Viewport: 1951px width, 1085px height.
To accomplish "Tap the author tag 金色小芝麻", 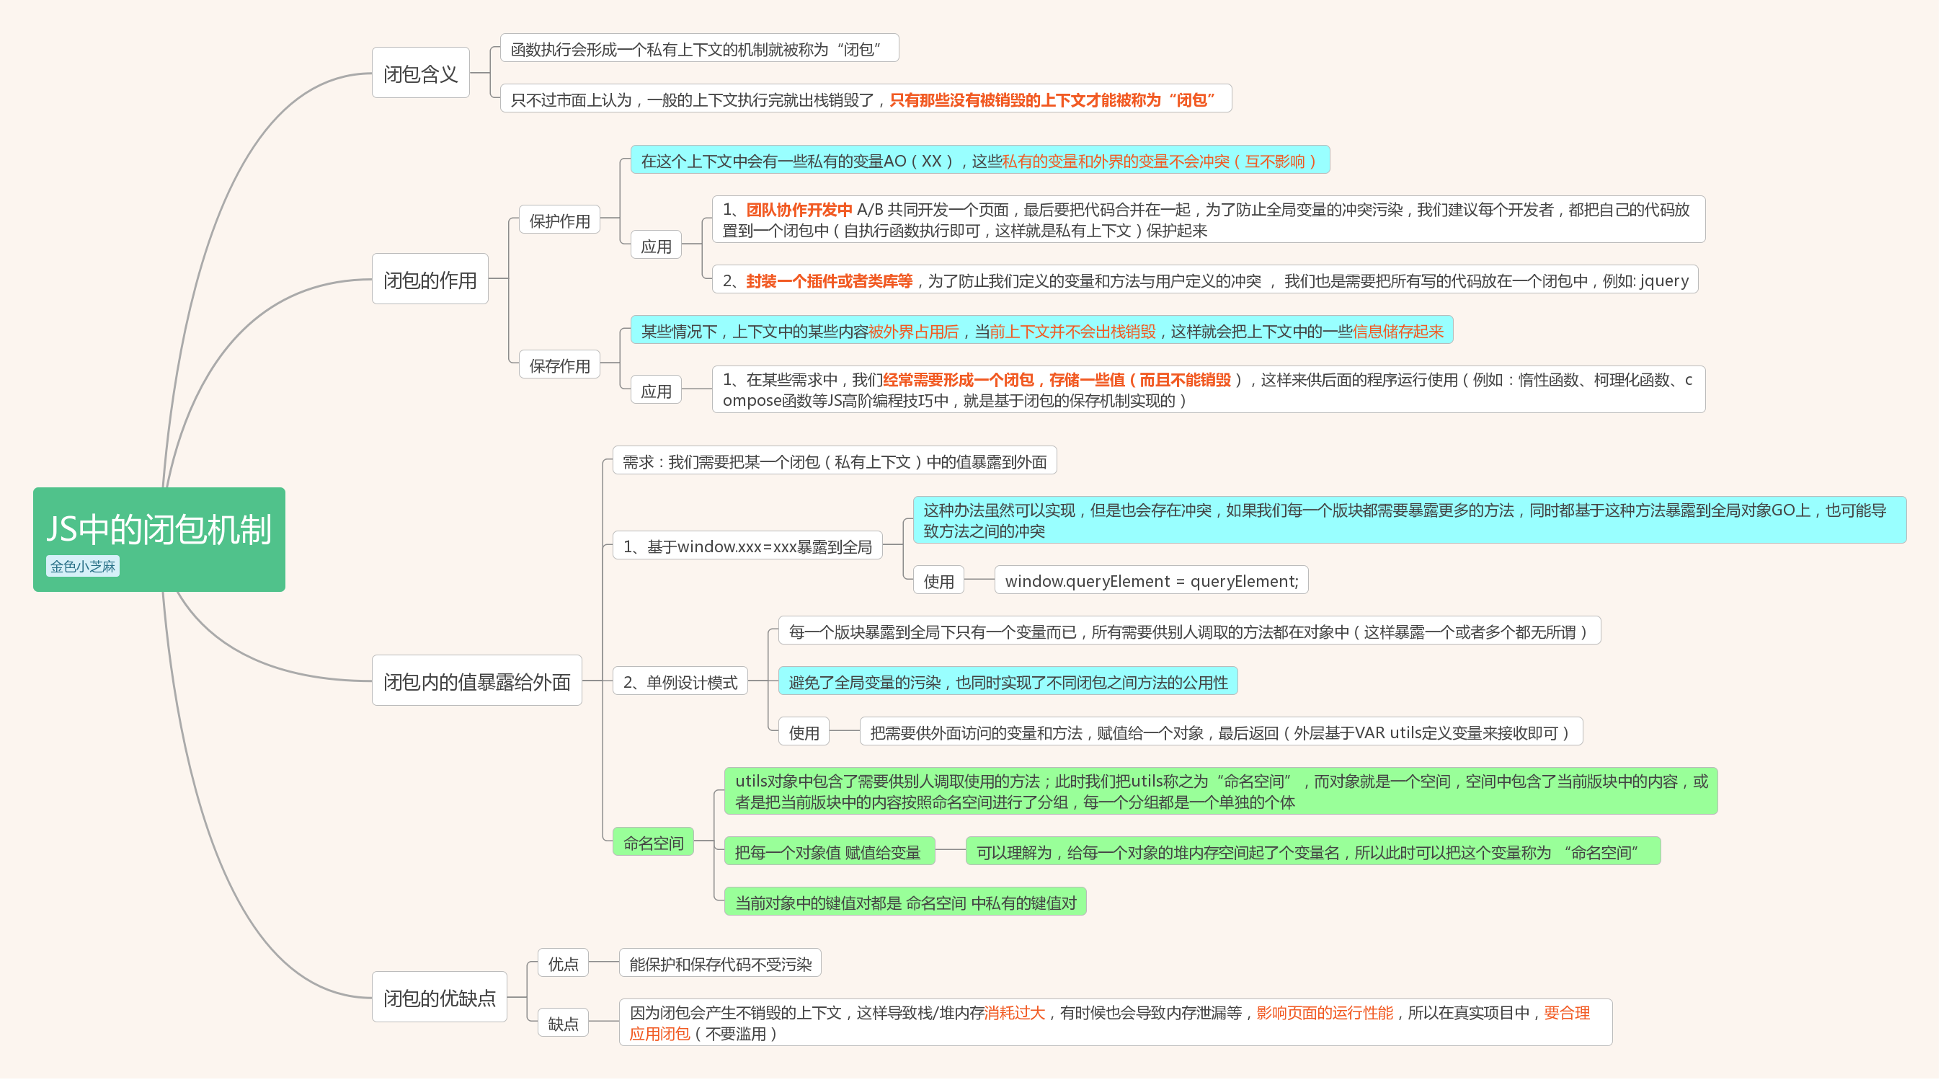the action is (83, 566).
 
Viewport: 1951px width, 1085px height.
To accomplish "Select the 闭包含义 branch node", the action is (420, 74).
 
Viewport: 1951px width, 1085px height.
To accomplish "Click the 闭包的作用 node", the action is (430, 280).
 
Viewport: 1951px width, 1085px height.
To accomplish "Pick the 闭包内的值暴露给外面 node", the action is (476, 681).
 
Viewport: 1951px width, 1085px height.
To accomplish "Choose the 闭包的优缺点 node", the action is (439, 997).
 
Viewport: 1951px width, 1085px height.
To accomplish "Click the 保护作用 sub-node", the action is (559, 221).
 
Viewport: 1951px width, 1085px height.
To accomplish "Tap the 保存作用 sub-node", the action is (559, 366).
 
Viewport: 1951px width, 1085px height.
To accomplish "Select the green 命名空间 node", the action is (653, 843).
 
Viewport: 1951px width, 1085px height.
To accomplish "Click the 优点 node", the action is (563, 964).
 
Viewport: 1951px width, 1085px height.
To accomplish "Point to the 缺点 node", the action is (563, 1024).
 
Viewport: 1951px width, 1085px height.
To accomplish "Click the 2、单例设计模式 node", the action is (680, 682).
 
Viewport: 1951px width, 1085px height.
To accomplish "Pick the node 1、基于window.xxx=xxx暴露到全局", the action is (747, 546).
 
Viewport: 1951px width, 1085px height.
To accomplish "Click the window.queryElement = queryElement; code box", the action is (1150, 581).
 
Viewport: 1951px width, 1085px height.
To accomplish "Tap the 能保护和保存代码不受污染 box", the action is (719, 964).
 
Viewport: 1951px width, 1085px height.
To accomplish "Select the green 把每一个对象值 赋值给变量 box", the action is (828, 852).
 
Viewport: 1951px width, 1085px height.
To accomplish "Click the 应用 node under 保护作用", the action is (656, 247).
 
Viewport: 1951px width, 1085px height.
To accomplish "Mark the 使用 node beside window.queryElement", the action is (938, 581).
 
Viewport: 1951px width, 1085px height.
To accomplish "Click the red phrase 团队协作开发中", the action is (799, 210).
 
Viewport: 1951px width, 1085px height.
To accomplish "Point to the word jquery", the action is (1664, 281).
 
